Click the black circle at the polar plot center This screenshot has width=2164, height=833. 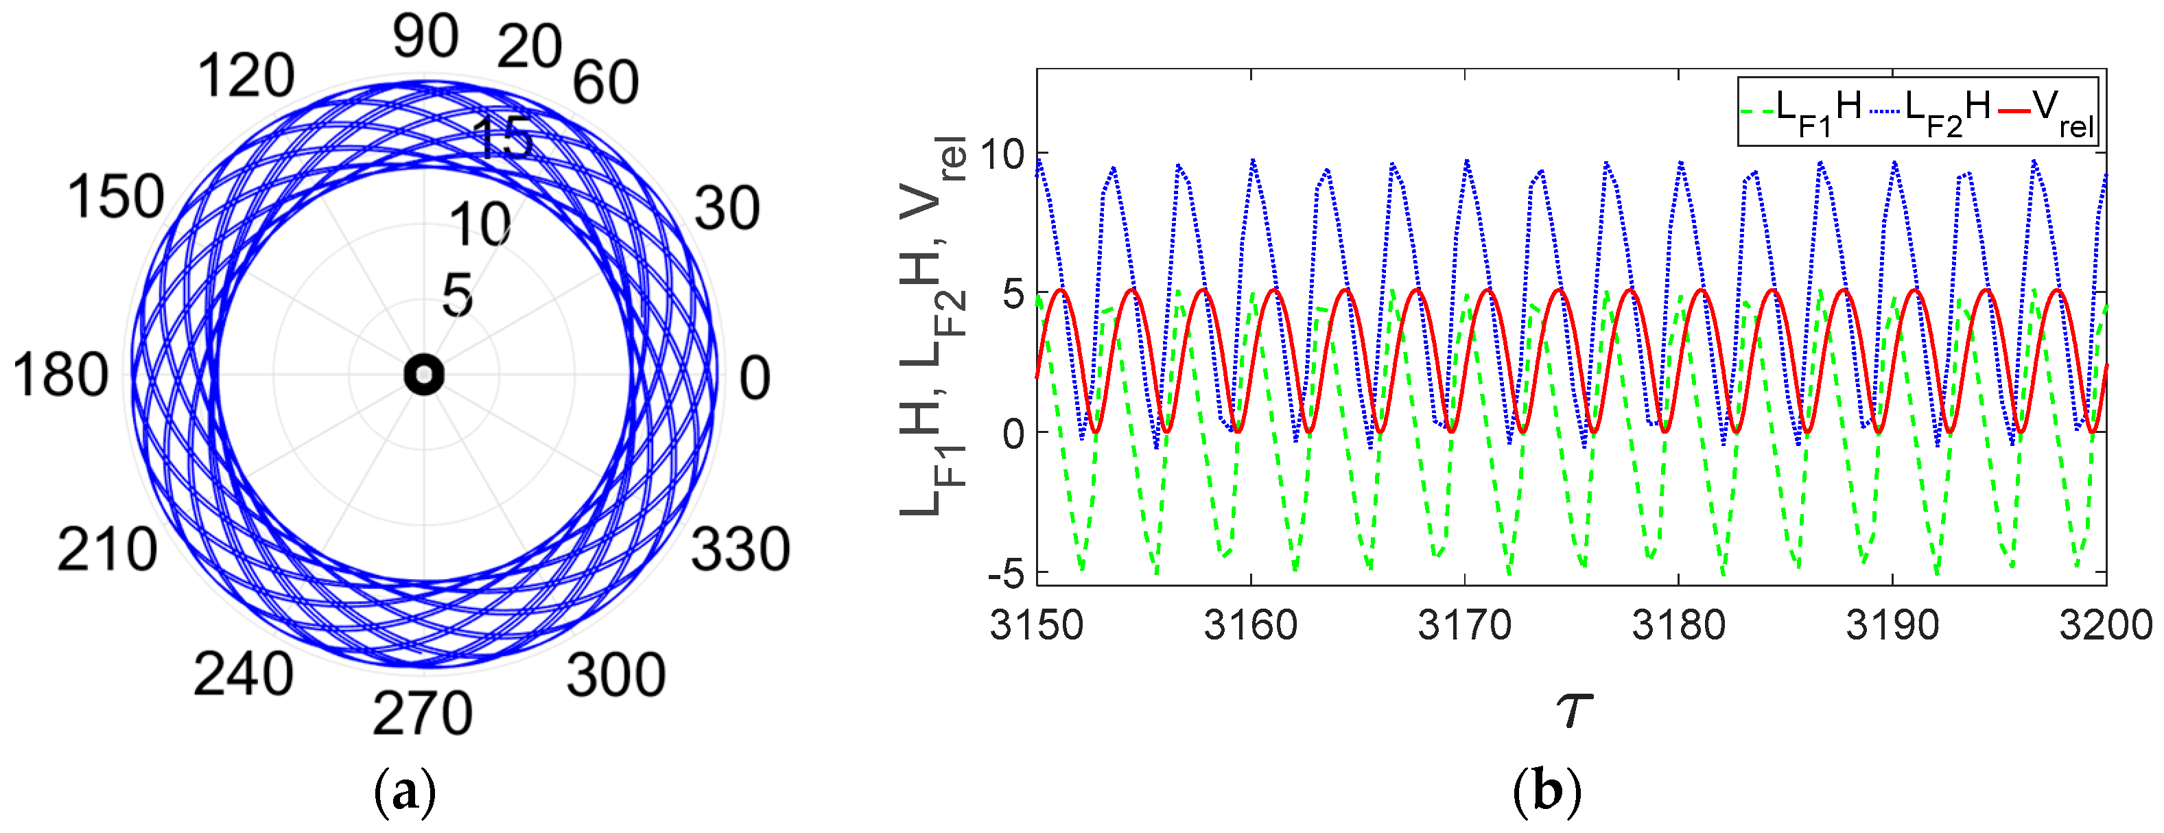[x=423, y=375]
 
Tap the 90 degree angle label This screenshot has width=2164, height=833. [x=426, y=38]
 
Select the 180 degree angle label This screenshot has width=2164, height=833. [x=60, y=375]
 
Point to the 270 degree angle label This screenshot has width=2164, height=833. [x=423, y=714]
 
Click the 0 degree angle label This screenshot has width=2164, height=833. [x=754, y=379]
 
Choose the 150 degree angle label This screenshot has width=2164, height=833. [x=116, y=198]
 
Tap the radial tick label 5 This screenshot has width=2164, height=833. [x=458, y=296]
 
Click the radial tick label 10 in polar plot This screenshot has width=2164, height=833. [x=480, y=225]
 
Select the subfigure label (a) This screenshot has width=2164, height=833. [x=405, y=792]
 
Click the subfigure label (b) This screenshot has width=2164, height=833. [x=1546, y=792]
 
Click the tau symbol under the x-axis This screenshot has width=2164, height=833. [x=1573, y=709]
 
